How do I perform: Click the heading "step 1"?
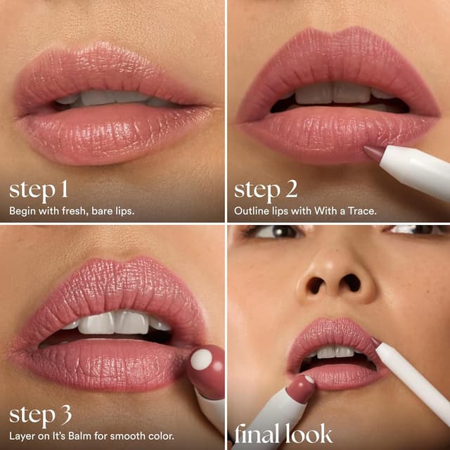point(39,190)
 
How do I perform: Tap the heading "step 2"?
point(265,190)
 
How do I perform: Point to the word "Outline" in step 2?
point(251,210)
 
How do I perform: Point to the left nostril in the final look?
point(314,285)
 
